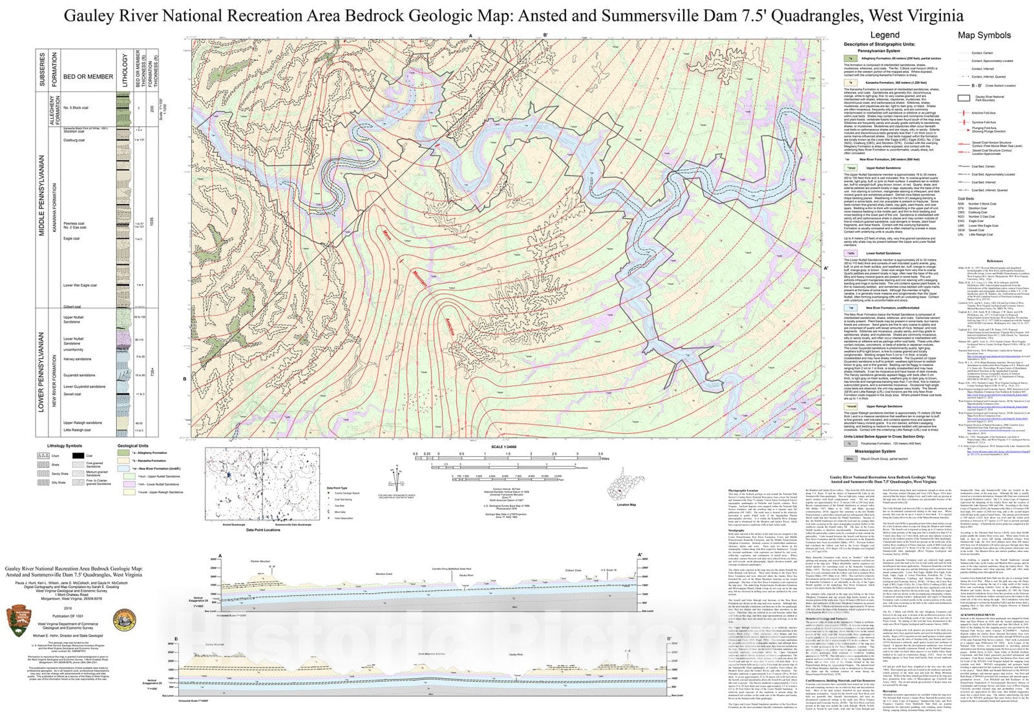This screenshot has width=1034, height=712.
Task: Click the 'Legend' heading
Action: [x=884, y=35]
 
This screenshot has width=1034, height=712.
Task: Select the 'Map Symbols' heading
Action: [x=984, y=35]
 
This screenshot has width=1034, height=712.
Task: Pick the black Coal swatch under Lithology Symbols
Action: [x=78, y=455]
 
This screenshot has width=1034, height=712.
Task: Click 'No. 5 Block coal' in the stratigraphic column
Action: [x=76, y=108]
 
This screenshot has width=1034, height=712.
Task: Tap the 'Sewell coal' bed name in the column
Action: [x=72, y=394]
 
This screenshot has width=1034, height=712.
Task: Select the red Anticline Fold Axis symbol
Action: [x=964, y=113]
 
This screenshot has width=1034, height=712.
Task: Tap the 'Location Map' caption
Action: [x=626, y=505]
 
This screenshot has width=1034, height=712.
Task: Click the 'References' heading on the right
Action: [x=995, y=261]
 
